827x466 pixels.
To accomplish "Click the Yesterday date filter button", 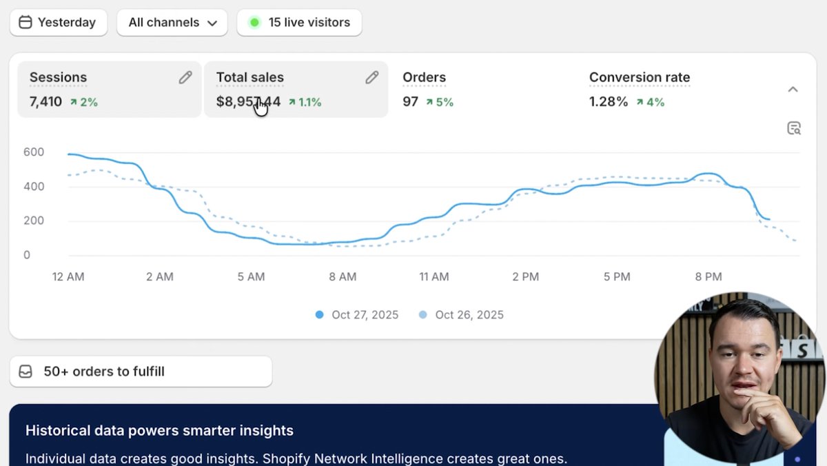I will coord(58,22).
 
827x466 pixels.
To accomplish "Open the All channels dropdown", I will coord(172,22).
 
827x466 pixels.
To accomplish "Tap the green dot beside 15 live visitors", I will coord(254,22).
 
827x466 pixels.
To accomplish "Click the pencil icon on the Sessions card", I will coord(185,77).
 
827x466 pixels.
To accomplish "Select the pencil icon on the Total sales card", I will coord(372,77).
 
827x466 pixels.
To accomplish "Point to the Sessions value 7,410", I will coord(45,102).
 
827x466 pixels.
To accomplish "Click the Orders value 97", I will coord(411,102).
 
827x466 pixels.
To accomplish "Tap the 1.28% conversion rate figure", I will coord(609,102).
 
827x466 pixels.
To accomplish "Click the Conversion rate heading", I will coord(639,77).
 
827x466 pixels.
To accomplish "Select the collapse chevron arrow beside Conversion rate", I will coord(793,89).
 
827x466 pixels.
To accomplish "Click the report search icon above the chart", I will coord(794,128).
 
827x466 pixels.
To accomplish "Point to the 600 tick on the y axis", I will coord(33,152).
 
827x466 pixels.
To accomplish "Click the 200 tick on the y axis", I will coord(33,221).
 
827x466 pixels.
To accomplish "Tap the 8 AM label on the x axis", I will coord(343,276).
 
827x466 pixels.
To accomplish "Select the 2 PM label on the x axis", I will coord(526,276).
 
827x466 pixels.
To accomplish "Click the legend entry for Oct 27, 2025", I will coord(358,314).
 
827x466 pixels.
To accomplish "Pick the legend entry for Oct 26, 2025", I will coord(462,314).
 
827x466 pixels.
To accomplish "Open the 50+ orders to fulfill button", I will coord(141,372).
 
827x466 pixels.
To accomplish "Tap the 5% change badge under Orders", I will coord(440,102).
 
